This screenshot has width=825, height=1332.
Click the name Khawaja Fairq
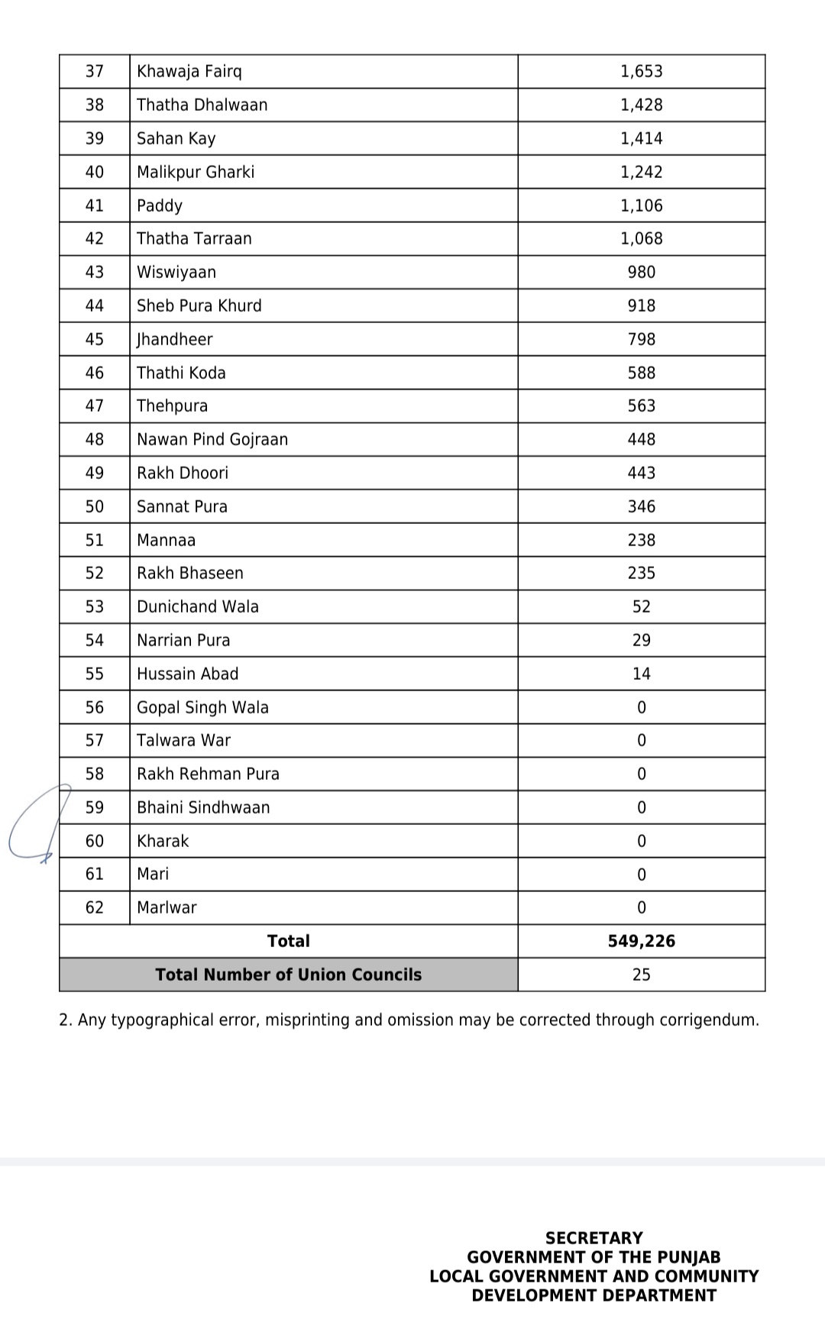point(189,72)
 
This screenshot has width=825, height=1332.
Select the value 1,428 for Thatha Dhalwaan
point(641,105)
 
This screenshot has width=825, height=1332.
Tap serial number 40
point(95,173)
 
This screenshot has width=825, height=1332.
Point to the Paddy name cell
point(160,205)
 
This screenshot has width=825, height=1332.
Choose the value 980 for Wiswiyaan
point(641,273)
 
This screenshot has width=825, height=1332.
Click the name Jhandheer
point(174,340)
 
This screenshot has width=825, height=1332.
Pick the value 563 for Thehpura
point(641,406)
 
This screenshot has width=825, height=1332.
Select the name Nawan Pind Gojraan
point(212,440)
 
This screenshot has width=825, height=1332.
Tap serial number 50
point(95,507)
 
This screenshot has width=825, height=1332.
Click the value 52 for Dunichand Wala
point(641,607)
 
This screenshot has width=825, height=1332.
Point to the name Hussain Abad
point(187,674)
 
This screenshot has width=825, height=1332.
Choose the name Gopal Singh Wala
point(202,708)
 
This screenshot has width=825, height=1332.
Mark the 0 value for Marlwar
point(641,908)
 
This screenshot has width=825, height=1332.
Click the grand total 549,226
point(641,942)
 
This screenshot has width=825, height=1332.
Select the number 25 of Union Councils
point(641,975)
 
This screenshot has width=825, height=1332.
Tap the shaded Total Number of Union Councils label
point(288,975)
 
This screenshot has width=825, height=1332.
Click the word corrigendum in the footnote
point(707,1020)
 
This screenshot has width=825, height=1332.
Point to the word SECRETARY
point(594,1238)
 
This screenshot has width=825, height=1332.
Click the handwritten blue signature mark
point(34,825)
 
